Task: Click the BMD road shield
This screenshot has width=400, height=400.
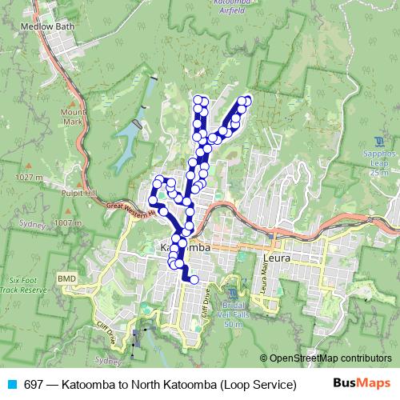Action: point(66,278)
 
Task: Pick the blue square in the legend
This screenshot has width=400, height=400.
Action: point(10,384)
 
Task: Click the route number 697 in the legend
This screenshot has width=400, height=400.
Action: point(34,384)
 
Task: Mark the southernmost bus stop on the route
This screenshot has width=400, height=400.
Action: point(194,279)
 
